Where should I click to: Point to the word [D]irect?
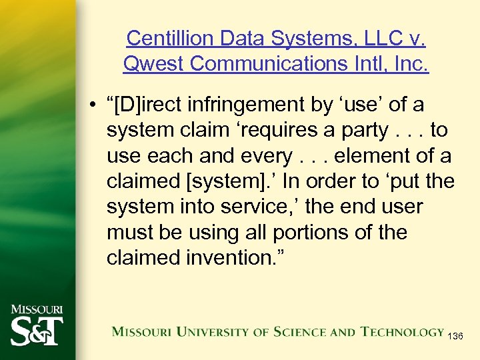151,105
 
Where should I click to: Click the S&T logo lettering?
36,331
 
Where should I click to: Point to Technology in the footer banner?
403,331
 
